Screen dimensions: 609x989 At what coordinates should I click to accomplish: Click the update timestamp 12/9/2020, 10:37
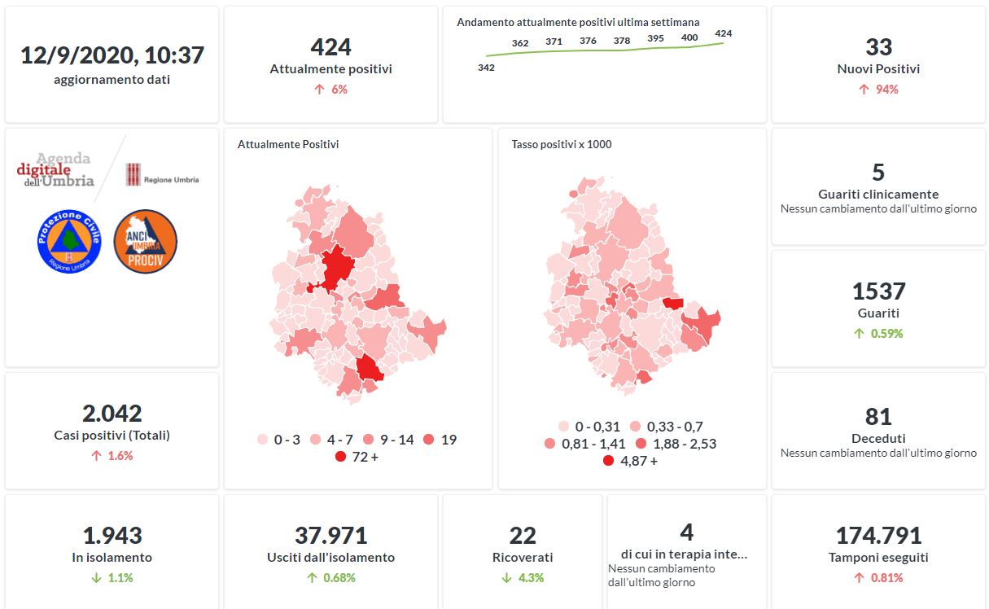click(x=112, y=55)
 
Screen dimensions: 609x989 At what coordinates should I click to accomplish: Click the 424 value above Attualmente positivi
click(x=330, y=47)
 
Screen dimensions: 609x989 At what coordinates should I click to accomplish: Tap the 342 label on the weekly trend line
click(x=486, y=68)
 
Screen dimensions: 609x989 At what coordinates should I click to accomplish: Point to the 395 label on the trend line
click(x=655, y=38)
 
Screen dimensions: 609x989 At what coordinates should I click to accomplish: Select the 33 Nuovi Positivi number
click(x=878, y=47)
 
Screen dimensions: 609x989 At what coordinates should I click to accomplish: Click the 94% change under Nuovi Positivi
click(x=878, y=90)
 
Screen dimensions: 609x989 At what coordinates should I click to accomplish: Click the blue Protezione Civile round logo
click(x=69, y=241)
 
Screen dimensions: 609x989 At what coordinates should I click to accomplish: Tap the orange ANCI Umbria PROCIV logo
click(x=145, y=241)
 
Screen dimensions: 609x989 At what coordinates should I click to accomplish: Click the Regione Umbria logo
click(x=162, y=175)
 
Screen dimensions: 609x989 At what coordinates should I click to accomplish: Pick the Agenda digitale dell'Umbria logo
click(x=55, y=170)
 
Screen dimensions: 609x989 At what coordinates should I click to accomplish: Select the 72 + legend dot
click(x=341, y=457)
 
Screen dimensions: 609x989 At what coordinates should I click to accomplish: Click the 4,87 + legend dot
click(x=608, y=461)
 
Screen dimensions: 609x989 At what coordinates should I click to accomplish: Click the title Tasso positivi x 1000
click(x=562, y=145)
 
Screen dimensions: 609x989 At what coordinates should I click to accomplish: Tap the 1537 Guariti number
click(x=878, y=291)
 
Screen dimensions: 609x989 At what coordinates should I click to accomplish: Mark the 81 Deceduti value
click(x=878, y=417)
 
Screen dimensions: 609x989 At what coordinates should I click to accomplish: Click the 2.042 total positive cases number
click(x=112, y=414)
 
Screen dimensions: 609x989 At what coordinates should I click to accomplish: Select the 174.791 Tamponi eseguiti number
click(x=878, y=536)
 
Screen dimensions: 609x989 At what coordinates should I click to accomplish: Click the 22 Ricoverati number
click(x=523, y=536)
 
